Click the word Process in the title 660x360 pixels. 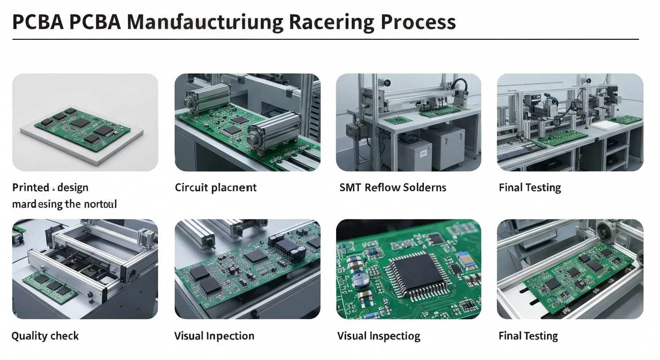(418, 22)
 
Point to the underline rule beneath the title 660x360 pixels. (325, 39)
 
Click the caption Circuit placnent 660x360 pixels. (216, 188)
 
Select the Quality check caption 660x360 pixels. (45, 336)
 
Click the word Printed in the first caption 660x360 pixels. (30, 188)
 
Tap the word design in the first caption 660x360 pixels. (72, 188)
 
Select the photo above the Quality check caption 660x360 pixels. (85, 269)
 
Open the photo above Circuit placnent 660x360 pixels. (247, 122)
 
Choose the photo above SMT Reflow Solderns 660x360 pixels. (408, 122)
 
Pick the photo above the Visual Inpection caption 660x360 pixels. (247, 269)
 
